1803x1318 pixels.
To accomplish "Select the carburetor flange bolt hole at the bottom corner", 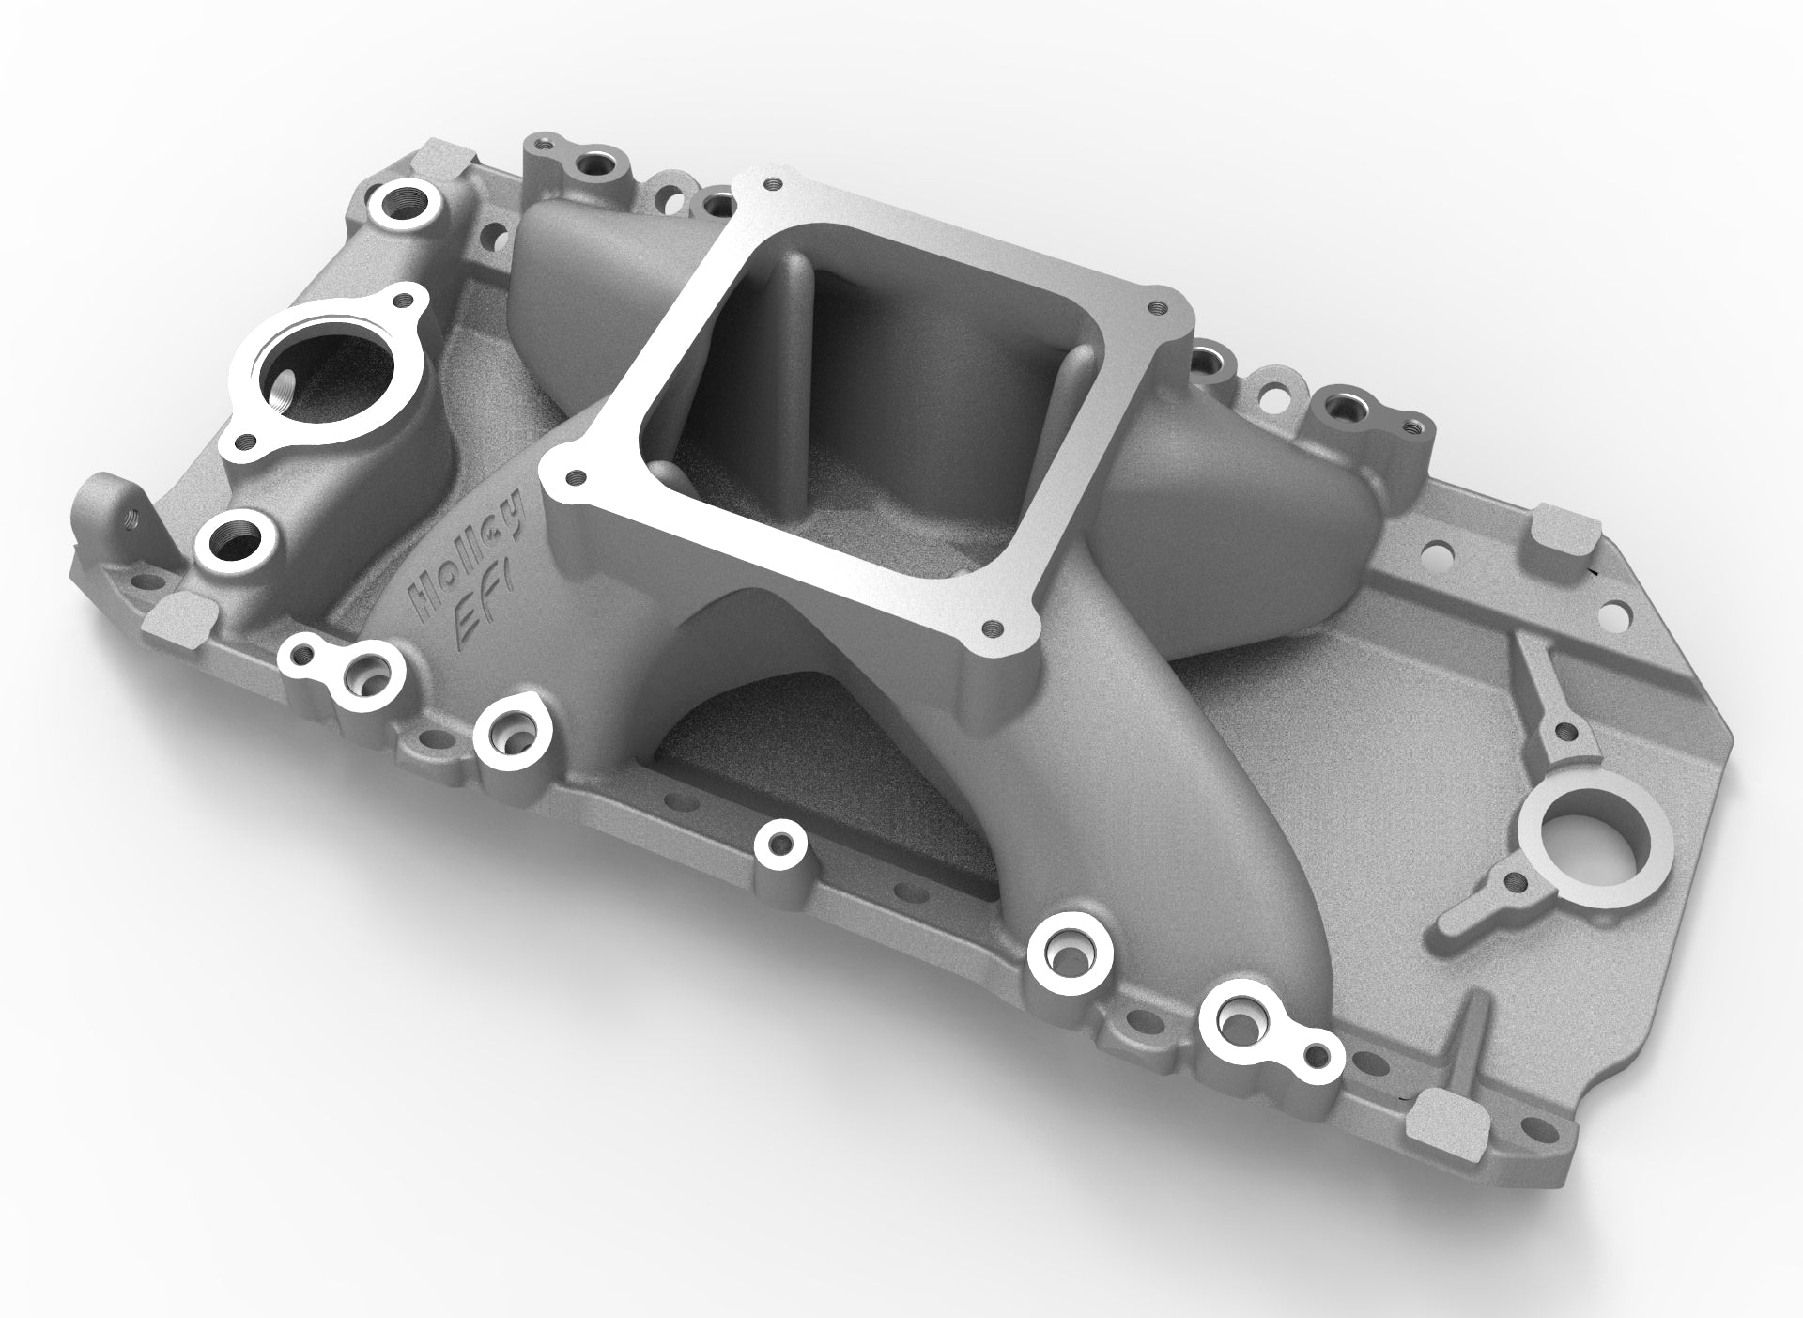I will click(x=988, y=626).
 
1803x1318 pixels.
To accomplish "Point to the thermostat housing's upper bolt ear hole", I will click(x=405, y=300).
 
